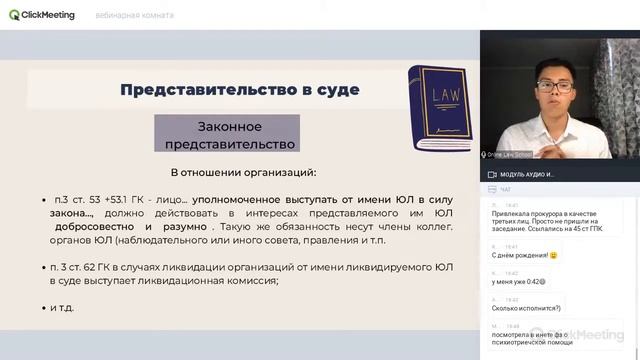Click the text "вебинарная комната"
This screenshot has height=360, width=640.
134,16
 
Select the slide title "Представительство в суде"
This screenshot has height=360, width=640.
239,90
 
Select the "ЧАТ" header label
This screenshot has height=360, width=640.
505,188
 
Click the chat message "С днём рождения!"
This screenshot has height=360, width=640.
525,255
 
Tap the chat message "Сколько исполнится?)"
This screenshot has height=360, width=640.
526,310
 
